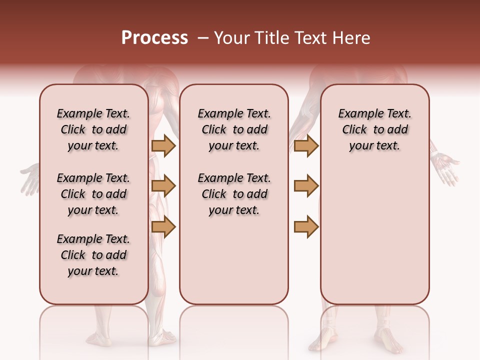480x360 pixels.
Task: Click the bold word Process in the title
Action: (154, 38)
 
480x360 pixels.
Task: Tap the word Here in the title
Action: (352, 38)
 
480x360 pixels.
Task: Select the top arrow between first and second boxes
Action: (163, 145)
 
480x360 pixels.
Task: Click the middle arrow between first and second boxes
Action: (163, 186)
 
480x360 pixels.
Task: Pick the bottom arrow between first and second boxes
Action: (163, 227)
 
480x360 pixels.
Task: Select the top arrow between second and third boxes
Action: (306, 145)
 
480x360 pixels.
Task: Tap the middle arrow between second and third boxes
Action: (306, 186)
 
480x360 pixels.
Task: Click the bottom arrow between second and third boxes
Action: (306, 227)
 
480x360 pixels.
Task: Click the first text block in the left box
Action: (93, 129)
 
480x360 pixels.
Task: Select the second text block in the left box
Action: (93, 194)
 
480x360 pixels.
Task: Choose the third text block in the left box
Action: (93, 255)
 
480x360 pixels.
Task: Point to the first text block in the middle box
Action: (234, 129)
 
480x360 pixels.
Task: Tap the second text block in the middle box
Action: (234, 194)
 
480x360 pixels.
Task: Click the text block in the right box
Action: (374, 129)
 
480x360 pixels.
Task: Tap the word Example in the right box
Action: (356, 114)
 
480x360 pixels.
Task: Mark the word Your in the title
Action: (231, 38)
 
